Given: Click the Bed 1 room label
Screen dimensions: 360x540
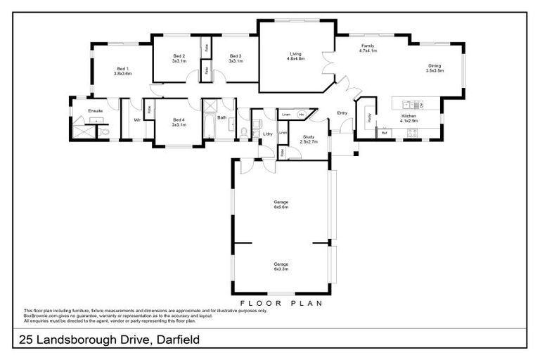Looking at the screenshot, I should (123, 71).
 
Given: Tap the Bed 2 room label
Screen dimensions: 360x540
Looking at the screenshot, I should (179, 58).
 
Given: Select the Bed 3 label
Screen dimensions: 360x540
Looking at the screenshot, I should (236, 58).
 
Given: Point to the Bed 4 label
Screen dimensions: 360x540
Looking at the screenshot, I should (179, 122).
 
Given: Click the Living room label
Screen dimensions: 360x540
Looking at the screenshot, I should (295, 56).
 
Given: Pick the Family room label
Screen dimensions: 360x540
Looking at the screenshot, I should (368, 48).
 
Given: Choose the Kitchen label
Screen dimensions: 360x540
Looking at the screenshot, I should (409, 118).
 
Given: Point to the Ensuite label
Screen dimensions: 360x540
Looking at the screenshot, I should (96, 111).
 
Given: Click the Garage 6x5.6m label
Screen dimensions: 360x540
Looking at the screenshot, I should (281, 205).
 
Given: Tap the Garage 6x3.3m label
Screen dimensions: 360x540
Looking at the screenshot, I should (281, 266).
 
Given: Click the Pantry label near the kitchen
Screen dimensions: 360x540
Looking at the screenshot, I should (370, 118).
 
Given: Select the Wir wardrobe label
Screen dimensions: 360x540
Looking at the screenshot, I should (137, 120).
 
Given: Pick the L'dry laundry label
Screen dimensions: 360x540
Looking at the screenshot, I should (267, 134).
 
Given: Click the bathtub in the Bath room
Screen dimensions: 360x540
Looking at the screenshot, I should (210, 127).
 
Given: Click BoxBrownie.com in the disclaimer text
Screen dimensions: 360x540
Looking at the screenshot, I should (40, 316).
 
